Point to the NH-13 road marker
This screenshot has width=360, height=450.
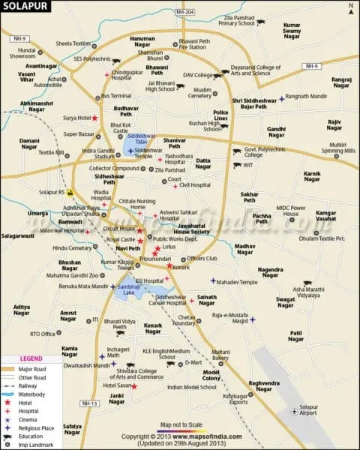click(x=89, y=403)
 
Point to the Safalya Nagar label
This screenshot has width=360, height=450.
click(x=72, y=429)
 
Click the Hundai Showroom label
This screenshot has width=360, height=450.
click(x=22, y=53)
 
